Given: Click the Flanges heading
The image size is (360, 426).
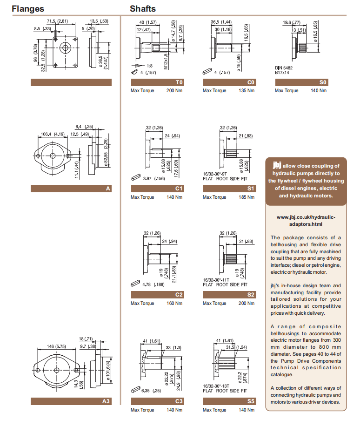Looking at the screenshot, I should click(28, 8).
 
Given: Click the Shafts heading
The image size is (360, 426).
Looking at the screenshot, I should click(143, 8).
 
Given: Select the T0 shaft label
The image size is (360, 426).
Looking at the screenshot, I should click(180, 82).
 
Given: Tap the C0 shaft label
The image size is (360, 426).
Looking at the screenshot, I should click(251, 82).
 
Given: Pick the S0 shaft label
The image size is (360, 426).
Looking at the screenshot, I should click(323, 82).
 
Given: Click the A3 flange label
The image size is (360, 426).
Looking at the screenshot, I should click(106, 401).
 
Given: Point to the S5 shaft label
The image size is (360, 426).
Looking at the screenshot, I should click(251, 401).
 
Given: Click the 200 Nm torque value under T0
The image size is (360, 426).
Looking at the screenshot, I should click(174, 90).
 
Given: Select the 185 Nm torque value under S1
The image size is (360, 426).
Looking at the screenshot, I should click(246, 197).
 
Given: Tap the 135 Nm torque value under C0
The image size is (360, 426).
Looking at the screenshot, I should click(246, 90).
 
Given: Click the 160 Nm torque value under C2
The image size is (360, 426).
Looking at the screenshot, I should click(174, 303).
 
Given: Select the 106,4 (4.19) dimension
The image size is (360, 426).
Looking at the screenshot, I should click(53, 134).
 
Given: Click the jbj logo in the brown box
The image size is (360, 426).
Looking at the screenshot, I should click(277, 165).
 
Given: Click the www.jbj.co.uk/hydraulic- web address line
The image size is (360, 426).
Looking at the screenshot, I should click(306, 217).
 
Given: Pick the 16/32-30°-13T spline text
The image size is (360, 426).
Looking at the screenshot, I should click(216, 386).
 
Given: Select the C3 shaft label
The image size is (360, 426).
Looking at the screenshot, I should click(179, 401).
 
